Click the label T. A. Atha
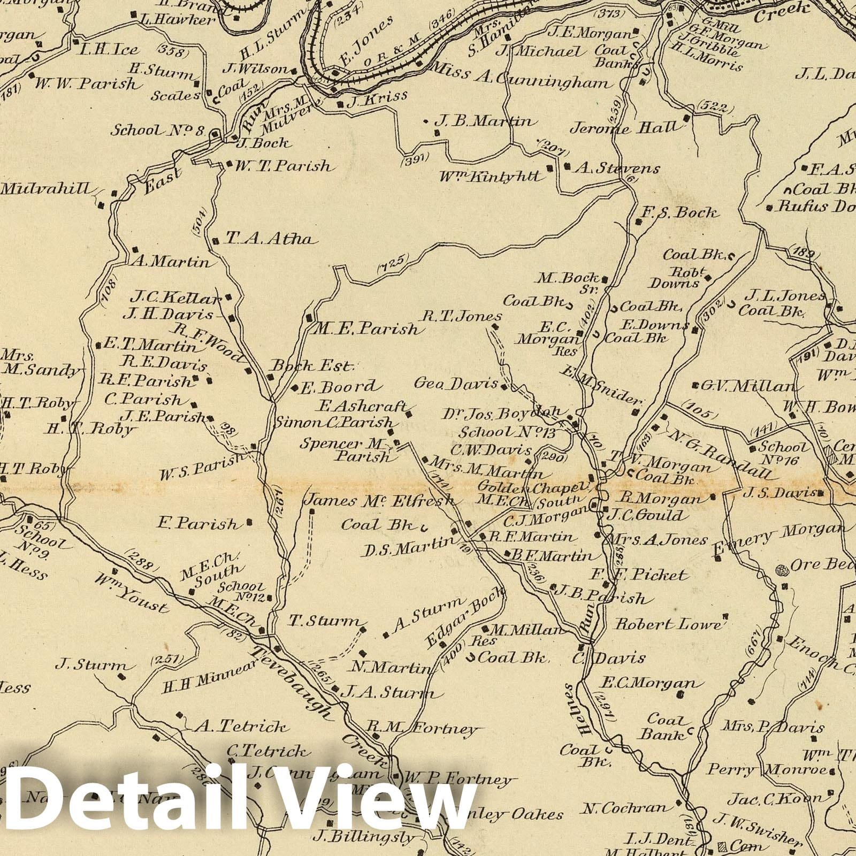[x=269, y=239]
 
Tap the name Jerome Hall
[x=626, y=128]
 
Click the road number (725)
[x=393, y=262]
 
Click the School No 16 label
[x=784, y=452]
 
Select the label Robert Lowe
[x=668, y=624]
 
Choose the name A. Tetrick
[x=242, y=727]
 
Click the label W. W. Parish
[x=86, y=83]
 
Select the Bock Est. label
[x=313, y=366]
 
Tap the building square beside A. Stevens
[x=567, y=166]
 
